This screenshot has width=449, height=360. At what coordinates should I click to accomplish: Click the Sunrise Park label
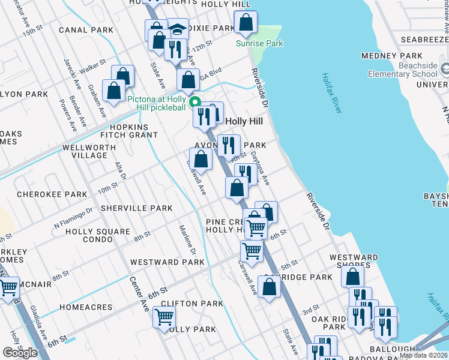[259, 43]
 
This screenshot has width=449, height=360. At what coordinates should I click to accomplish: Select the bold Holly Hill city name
[244, 121]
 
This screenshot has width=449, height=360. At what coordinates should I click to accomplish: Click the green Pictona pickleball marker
[195, 101]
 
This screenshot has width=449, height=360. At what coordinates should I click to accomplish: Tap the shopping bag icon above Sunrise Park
[246, 23]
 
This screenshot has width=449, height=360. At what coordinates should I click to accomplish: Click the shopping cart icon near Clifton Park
[164, 316]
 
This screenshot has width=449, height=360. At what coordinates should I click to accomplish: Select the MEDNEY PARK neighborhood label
[385, 56]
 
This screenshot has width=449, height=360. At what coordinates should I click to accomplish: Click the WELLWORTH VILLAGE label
[85, 151]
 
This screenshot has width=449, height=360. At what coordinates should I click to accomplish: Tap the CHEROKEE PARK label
[52, 195]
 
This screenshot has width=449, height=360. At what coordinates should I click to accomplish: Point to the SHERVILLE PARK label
[136, 208]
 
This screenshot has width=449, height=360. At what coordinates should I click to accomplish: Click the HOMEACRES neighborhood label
[86, 307]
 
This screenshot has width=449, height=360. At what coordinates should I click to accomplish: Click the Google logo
[20, 353]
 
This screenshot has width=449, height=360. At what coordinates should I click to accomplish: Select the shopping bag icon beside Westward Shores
[352, 277]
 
